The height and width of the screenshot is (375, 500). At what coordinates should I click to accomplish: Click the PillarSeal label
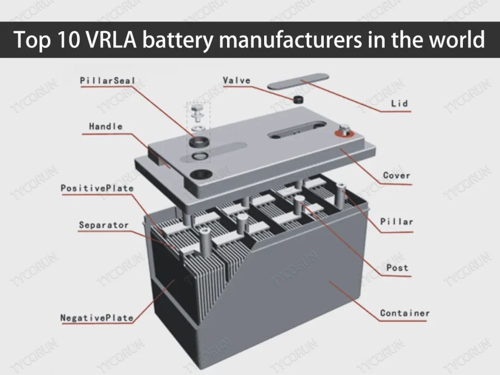tap(107, 81)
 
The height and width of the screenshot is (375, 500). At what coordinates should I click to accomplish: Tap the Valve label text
tap(236, 81)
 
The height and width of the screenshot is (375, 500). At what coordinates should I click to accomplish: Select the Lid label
tap(399, 104)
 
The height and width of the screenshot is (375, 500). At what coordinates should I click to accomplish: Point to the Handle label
tap(105, 126)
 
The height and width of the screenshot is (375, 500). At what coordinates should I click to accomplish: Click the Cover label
tap(396, 175)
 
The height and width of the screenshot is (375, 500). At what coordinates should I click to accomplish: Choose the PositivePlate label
tap(97, 188)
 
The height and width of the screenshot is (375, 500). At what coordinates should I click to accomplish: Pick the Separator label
tap(104, 225)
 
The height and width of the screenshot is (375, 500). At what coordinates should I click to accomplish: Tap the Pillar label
tap(396, 222)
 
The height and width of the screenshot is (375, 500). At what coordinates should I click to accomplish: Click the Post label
tap(397, 268)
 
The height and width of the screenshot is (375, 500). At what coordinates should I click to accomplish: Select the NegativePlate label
tap(97, 318)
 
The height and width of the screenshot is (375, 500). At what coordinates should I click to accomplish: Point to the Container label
tap(405, 313)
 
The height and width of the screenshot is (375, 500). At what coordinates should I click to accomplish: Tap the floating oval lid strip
tap(297, 81)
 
